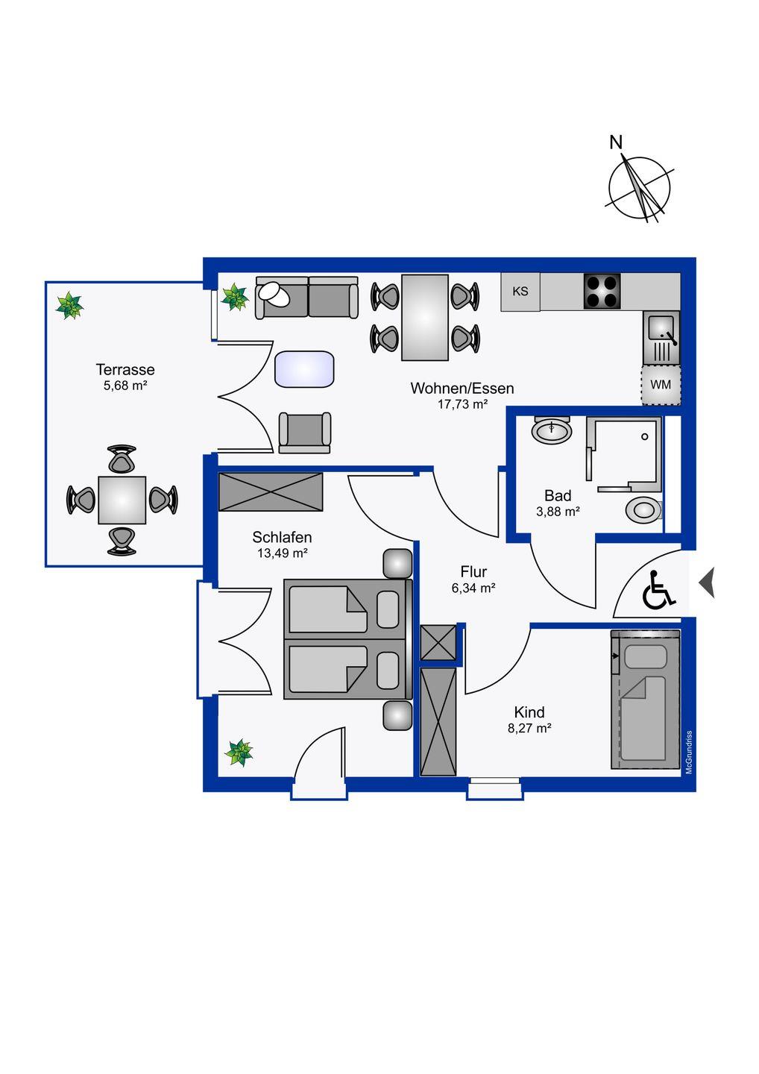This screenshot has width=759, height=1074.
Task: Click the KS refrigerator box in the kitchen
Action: click(520, 292)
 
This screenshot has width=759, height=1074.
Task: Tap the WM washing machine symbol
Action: click(661, 385)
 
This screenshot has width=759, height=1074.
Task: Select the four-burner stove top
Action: click(602, 292)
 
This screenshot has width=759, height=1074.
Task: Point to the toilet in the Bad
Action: click(643, 510)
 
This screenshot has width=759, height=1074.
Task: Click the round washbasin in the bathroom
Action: click(552, 430)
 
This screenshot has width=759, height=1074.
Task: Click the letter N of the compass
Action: click(616, 142)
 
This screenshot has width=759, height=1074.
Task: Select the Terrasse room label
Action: click(125, 369)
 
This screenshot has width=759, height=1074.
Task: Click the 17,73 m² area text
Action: click(462, 404)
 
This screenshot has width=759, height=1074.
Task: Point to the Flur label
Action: click(473, 572)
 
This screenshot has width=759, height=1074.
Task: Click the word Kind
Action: click(529, 712)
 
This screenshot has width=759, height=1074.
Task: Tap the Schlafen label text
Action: click(282, 537)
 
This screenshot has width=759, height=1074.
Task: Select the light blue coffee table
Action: click(304, 369)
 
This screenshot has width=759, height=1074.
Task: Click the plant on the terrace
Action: click(70, 306)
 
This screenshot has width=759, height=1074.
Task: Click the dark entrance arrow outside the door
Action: click(706, 582)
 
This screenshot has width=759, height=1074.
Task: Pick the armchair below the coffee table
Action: click(304, 432)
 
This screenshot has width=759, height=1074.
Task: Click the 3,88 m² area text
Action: click(558, 512)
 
